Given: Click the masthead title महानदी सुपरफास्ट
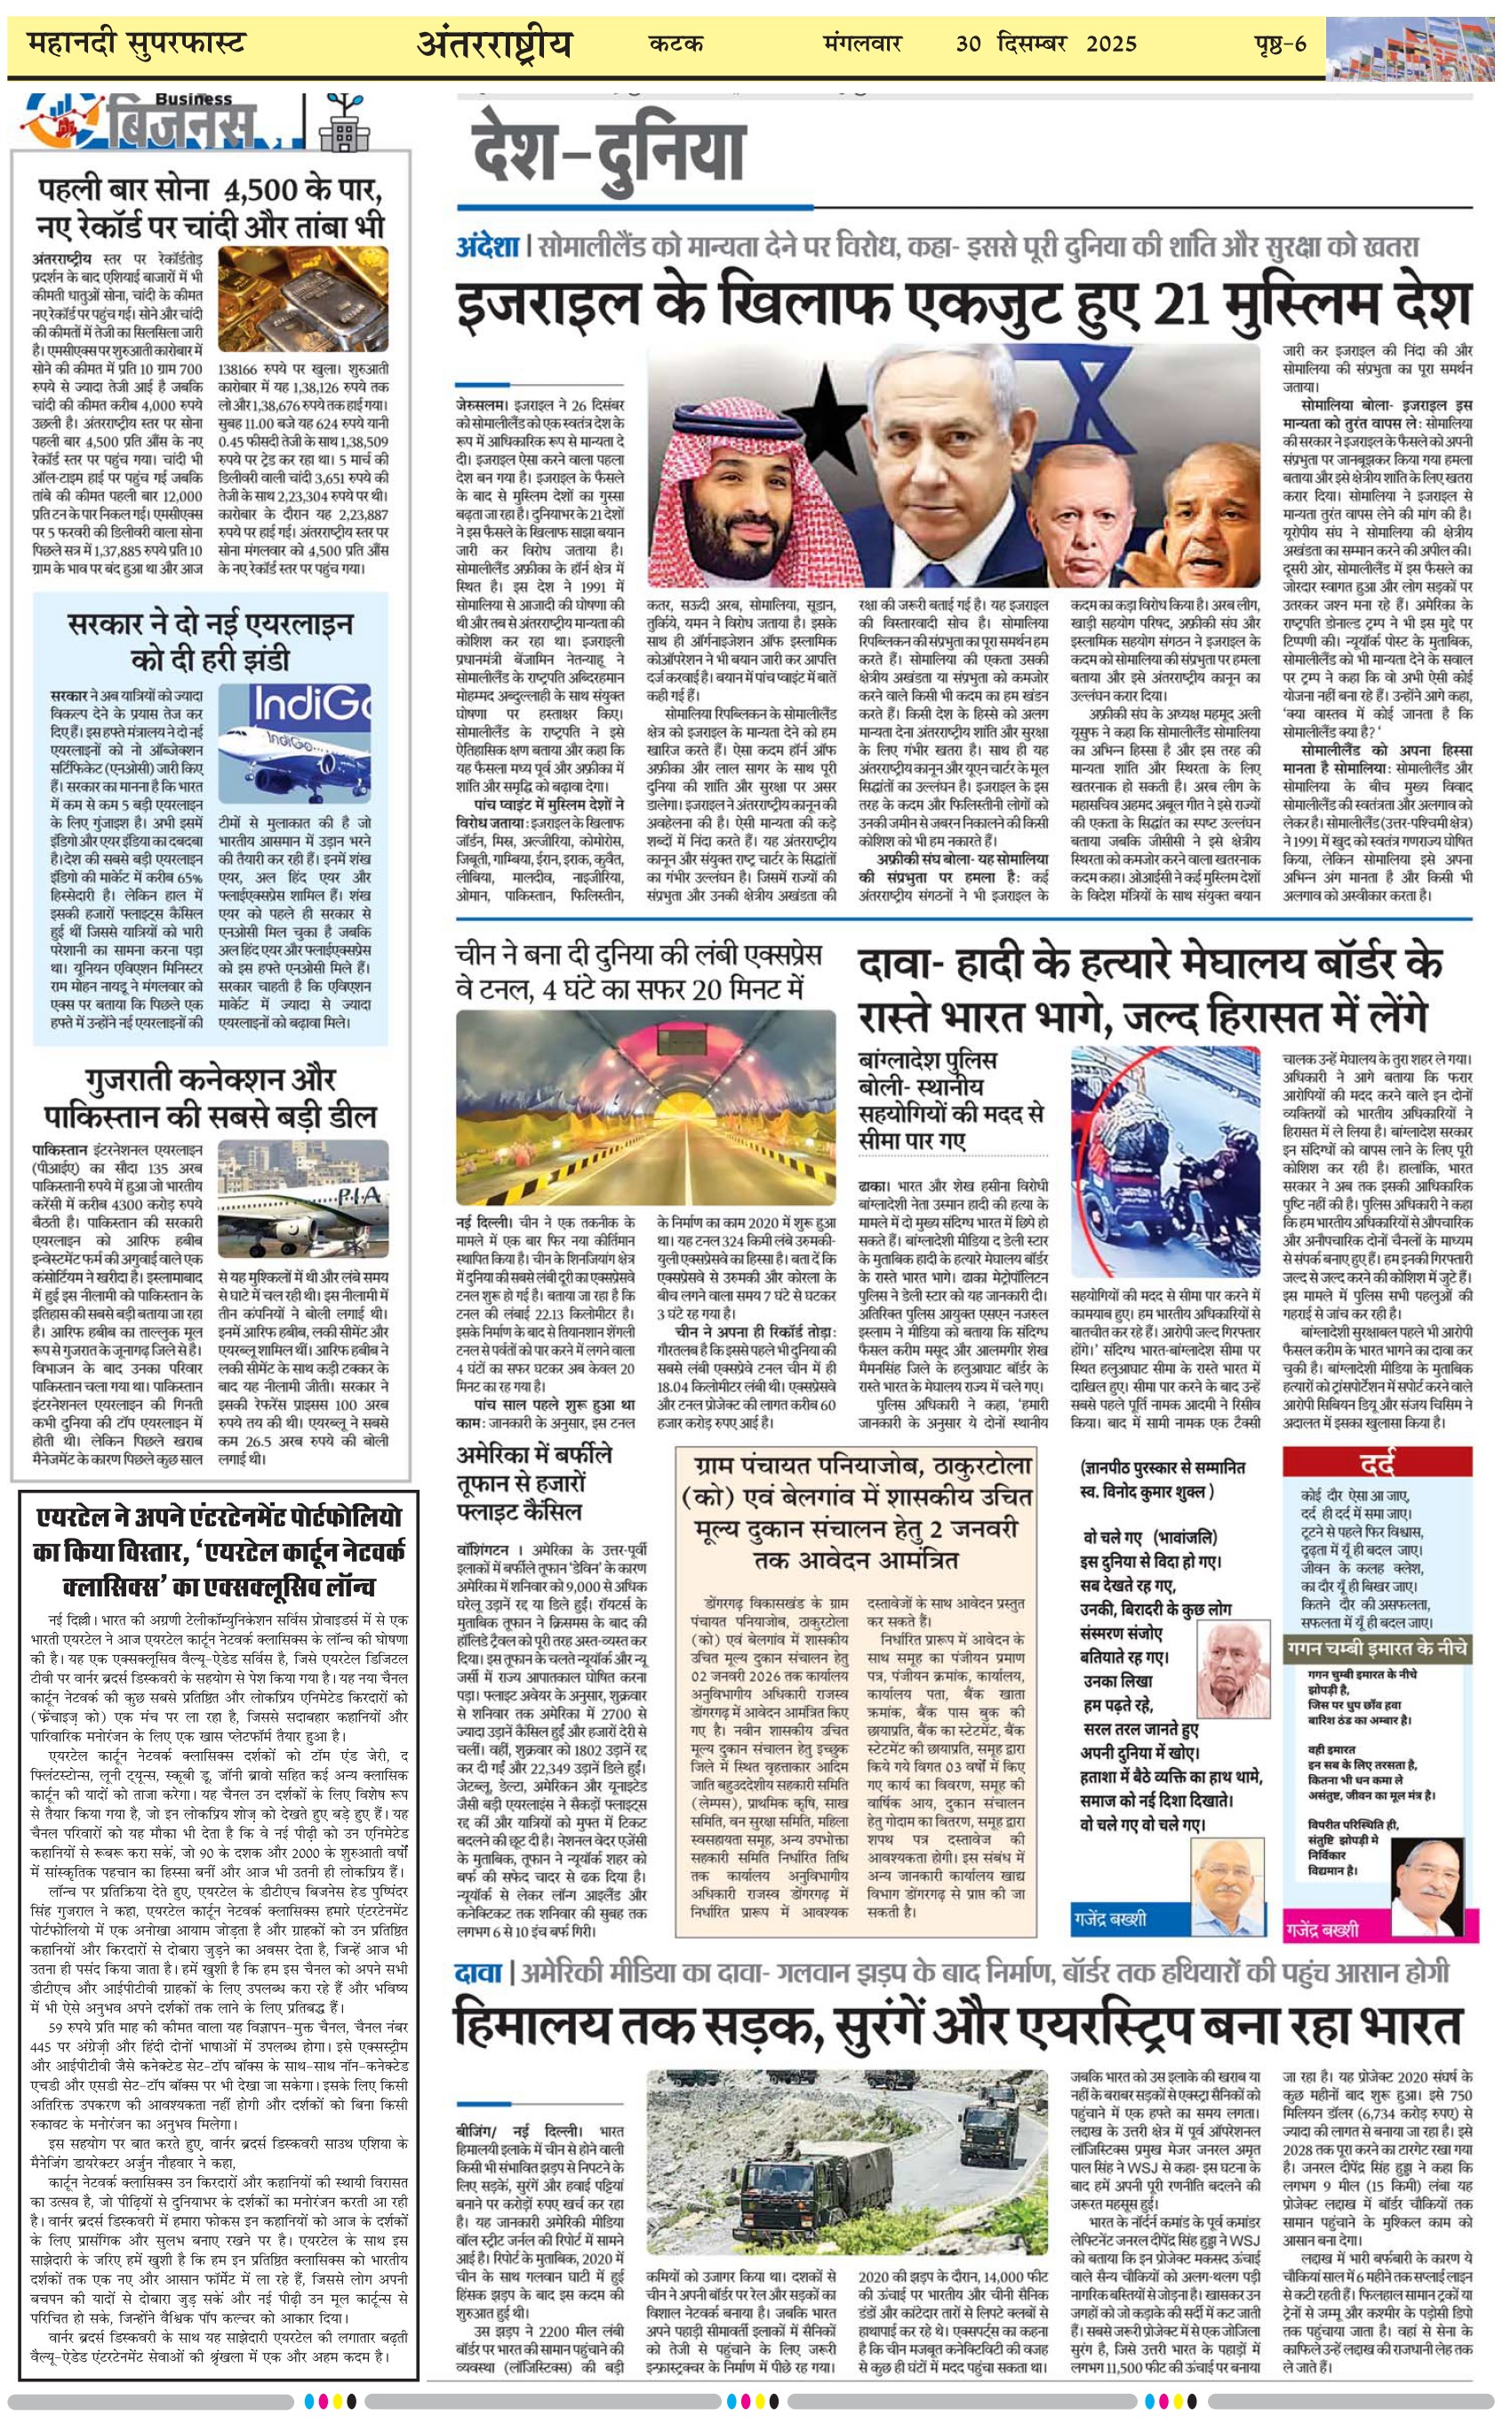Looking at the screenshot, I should coord(136,44).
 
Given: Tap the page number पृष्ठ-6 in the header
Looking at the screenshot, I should coord(1279,44).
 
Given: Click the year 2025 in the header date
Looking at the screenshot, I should coord(1110,44).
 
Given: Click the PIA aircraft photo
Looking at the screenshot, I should coord(302,1198).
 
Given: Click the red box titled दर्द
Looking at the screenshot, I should coord(1376,1462).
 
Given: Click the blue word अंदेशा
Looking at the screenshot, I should coord(487,246).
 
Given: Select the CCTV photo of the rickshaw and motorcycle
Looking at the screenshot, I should coord(1165,1161).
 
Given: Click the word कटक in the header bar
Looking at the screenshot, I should coord(676,44).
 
